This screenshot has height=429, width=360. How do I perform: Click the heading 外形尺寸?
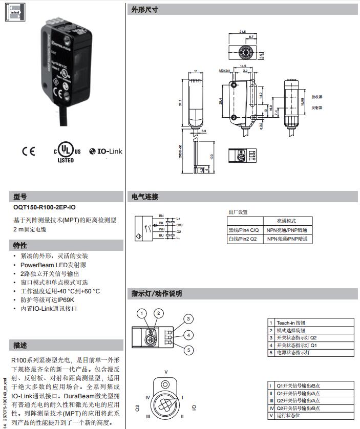pyautogui.click(x=145, y=10)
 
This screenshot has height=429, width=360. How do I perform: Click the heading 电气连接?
pyautogui.click(x=145, y=197)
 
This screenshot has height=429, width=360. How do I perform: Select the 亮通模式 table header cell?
pyautogui.click(x=287, y=221)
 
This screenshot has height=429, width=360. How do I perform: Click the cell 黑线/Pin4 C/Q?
pyautogui.click(x=245, y=230)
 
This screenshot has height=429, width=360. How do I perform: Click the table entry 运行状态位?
pyautogui.click(x=289, y=415)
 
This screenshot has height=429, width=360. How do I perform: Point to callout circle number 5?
pyautogui.click(x=188, y=350)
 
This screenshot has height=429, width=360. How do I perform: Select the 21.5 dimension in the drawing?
pyautogui.click(x=243, y=32)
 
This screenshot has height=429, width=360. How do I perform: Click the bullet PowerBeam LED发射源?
pyautogui.click(x=53, y=265)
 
